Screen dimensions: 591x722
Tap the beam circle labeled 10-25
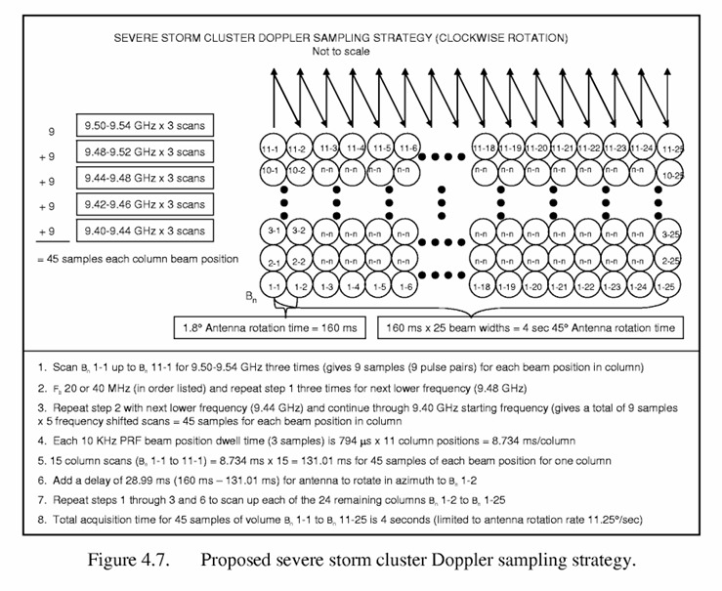(670, 172)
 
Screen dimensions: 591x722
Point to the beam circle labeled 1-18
(482, 286)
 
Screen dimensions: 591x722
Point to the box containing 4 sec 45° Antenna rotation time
(531, 326)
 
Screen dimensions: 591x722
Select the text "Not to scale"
(342, 52)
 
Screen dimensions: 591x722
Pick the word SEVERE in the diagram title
(139, 39)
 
